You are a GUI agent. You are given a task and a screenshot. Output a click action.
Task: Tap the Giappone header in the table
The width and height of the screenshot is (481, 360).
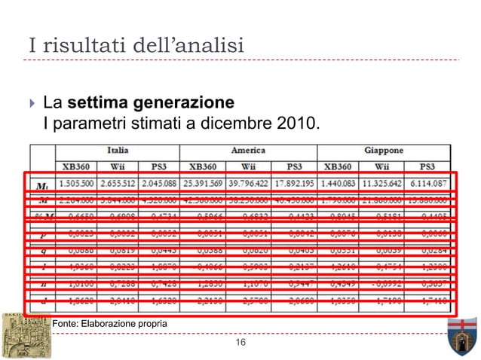coord(384,150)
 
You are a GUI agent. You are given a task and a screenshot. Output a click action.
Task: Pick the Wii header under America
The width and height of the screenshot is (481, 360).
coord(253,166)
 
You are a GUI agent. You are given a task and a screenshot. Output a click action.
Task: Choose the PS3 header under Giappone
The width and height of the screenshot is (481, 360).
coord(427,166)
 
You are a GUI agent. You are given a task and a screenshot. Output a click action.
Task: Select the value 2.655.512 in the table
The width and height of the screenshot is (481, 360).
coord(121,183)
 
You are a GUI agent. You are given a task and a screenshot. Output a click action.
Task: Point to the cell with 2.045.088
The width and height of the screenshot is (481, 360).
coord(165,183)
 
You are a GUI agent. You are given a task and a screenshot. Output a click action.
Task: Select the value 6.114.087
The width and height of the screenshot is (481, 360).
coord(427,183)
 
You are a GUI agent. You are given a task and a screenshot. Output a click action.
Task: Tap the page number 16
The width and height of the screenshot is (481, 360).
coord(240,343)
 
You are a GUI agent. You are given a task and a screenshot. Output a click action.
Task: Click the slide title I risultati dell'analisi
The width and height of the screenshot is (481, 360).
coord(136,45)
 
